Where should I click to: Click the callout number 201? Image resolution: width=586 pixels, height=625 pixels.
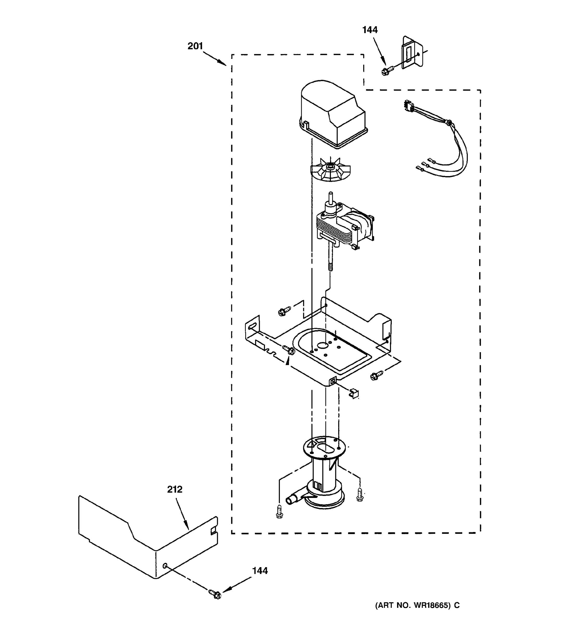click(195, 46)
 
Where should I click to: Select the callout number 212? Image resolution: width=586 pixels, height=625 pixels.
click(174, 490)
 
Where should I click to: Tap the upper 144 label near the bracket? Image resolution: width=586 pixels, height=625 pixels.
click(370, 30)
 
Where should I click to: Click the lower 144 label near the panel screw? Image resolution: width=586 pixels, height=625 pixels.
click(260, 571)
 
